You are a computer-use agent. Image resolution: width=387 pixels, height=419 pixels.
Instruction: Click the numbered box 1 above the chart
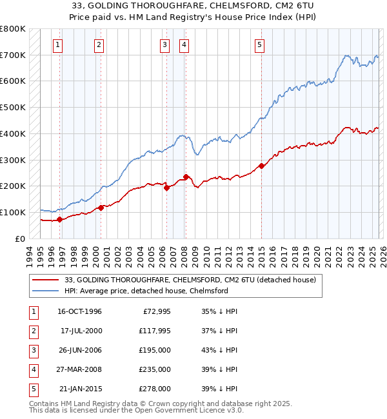pyautogui.click(x=58, y=44)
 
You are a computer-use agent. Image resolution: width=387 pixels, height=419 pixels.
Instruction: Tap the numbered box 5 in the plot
pyautogui.click(x=259, y=44)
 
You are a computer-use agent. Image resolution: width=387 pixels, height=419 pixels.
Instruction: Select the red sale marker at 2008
pyautogui.click(x=186, y=177)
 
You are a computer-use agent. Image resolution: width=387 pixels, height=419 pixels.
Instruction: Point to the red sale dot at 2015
pyautogui.click(x=261, y=166)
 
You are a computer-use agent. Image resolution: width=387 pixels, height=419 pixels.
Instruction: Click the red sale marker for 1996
pyautogui.click(x=60, y=219)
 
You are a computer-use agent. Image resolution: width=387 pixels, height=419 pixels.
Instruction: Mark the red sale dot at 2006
pyautogui.click(x=166, y=188)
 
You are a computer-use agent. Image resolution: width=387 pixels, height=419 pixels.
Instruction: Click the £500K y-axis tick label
pyautogui.click(x=12, y=107)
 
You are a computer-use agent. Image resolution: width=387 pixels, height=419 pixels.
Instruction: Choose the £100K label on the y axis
pyautogui.click(x=12, y=212)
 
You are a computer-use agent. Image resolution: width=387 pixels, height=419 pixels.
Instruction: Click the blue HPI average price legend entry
pyautogui.click(x=146, y=291)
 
